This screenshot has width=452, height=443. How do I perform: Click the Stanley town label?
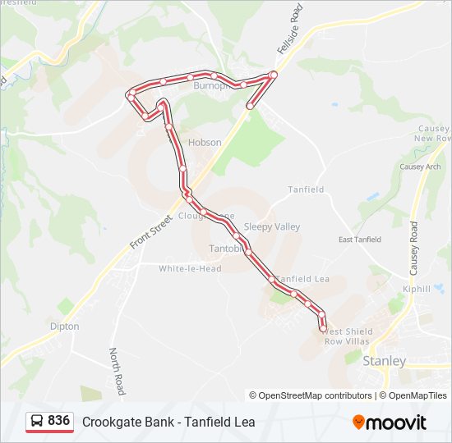point(385,361)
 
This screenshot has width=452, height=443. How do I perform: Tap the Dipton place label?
point(65,326)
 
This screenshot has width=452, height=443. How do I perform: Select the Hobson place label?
point(205,142)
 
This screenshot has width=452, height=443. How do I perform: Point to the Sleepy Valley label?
point(272,226)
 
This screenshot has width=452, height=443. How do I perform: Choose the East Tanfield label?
point(360,240)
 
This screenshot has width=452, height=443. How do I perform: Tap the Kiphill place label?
point(417,290)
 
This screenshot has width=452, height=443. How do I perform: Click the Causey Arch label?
point(420,167)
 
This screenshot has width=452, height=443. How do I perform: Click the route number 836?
point(58,421)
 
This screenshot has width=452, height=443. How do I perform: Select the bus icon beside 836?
point(37,422)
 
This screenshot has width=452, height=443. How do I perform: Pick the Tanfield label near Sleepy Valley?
point(306,190)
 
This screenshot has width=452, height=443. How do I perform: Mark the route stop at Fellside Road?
point(273,75)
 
